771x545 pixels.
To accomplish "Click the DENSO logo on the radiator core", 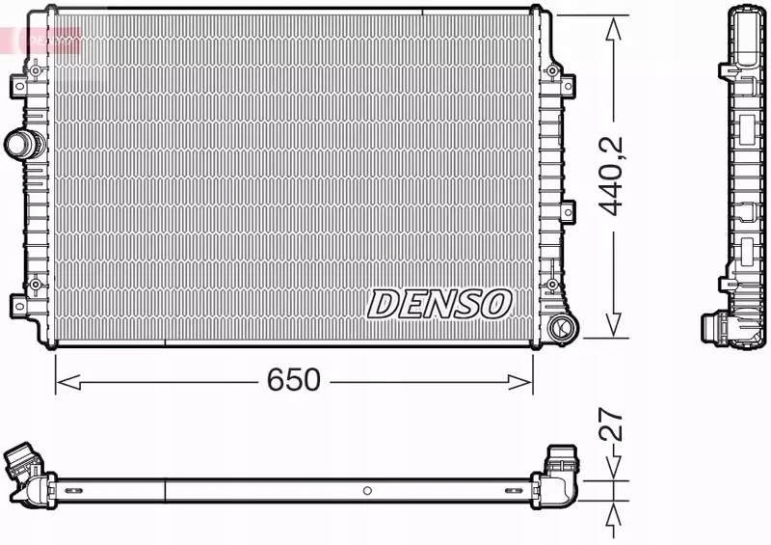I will [x=439, y=304].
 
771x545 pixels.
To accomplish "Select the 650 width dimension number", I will [x=293, y=380].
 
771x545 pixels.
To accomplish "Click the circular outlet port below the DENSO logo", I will [x=560, y=328].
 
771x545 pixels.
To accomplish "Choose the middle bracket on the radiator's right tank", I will [x=568, y=210].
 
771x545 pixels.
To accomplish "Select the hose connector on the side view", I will [x=718, y=329].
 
